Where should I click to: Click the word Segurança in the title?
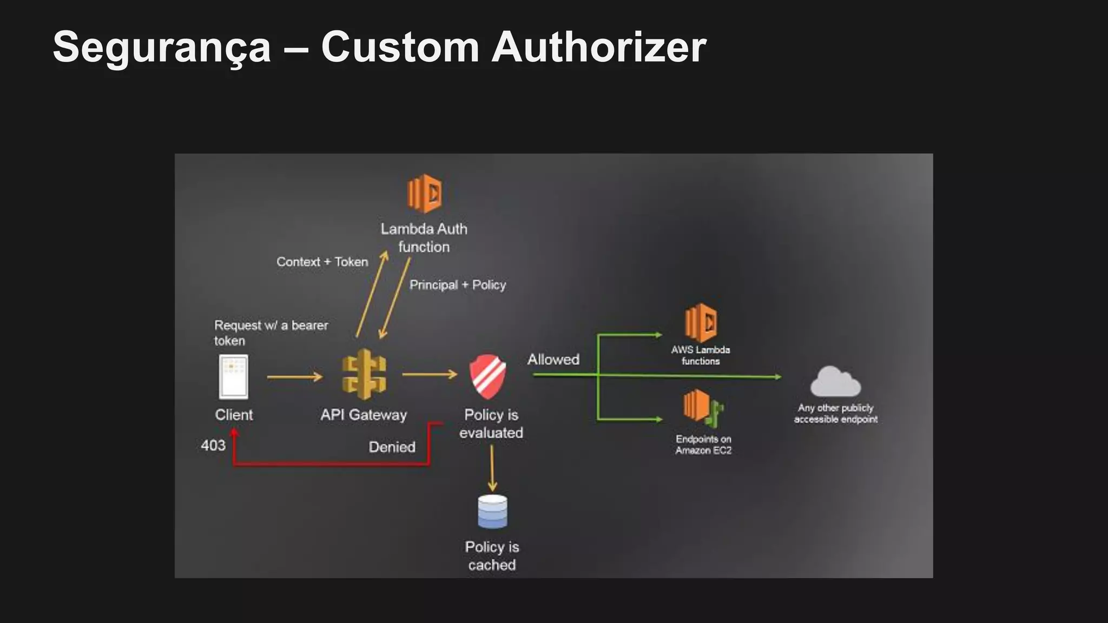[x=161, y=48]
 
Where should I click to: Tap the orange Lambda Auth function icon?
[x=424, y=193]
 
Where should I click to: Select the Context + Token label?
[x=322, y=262]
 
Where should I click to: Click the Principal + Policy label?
[x=457, y=285]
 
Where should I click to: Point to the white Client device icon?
[x=234, y=376]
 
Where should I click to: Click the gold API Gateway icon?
[x=364, y=375]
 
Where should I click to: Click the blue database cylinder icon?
[x=492, y=511]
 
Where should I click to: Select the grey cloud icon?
[x=835, y=382]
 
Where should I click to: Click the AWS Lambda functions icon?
[x=701, y=322]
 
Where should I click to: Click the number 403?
[x=213, y=446]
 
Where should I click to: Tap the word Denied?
[x=392, y=447]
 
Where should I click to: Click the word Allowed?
[x=553, y=360]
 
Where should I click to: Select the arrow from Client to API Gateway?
[x=294, y=377]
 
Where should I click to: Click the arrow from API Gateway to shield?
[x=430, y=374]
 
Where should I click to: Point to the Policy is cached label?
[x=492, y=556]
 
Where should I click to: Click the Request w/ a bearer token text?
[x=271, y=333]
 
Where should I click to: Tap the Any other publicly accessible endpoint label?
[x=835, y=414]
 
